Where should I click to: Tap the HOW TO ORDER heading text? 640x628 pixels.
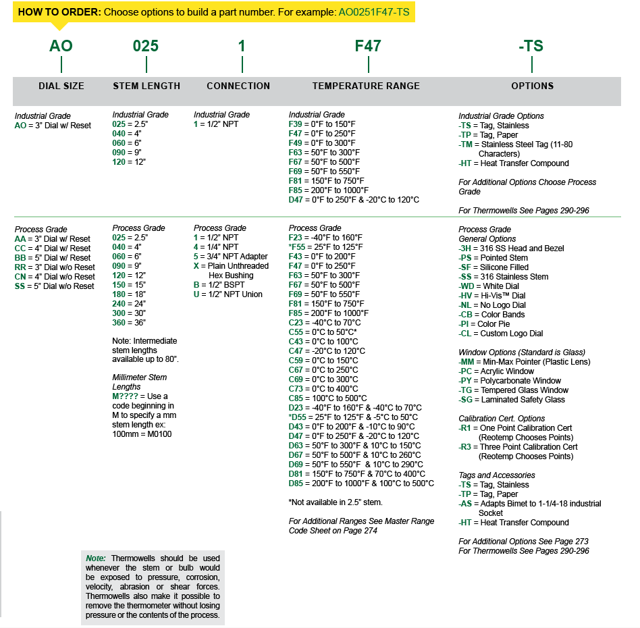pyautogui.click(x=59, y=12)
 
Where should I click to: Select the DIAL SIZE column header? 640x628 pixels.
pyautogui.click(x=61, y=86)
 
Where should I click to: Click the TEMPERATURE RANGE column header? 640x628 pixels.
pyautogui.click(x=366, y=86)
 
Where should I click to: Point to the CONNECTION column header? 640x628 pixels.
pyautogui.click(x=238, y=86)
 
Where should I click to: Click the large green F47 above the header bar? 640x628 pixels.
pyautogui.click(x=368, y=47)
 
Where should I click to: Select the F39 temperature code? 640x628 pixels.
pyautogui.click(x=296, y=124)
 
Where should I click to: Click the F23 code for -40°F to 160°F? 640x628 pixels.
pyautogui.click(x=296, y=238)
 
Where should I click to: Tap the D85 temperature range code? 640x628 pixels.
pyautogui.click(x=296, y=483)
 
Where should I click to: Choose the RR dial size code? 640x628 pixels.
pyautogui.click(x=20, y=267)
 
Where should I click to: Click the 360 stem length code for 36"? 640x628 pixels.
pyautogui.click(x=119, y=323)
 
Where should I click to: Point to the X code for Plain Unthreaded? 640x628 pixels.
pyautogui.click(x=196, y=266)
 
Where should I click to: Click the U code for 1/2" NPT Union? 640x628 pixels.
pyautogui.click(x=196, y=294)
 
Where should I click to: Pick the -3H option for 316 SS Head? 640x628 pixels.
pyautogui.click(x=466, y=248)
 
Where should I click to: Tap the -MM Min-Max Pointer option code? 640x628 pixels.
pyautogui.click(x=467, y=362)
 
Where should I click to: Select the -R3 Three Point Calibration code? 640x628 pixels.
pyautogui.click(x=465, y=447)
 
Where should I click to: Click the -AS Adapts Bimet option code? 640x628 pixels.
pyautogui.click(x=465, y=504)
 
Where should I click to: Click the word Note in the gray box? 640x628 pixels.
pyautogui.click(x=96, y=558)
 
